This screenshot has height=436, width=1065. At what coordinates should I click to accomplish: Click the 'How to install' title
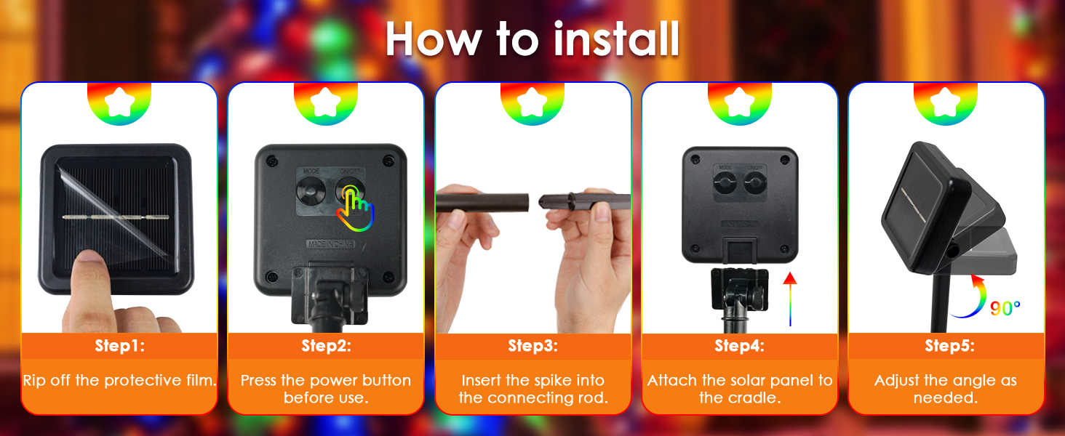532,40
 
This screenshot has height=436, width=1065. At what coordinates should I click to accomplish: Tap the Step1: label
119,346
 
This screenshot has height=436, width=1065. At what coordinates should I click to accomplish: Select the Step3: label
532,346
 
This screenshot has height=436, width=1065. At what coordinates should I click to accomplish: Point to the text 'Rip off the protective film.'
119,381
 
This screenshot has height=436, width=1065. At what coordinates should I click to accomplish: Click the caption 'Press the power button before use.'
326,389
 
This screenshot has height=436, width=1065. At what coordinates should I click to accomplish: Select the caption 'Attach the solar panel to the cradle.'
739,389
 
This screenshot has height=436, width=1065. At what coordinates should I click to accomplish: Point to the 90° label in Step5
1005,309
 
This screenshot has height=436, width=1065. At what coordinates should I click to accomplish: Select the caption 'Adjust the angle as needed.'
946,389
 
